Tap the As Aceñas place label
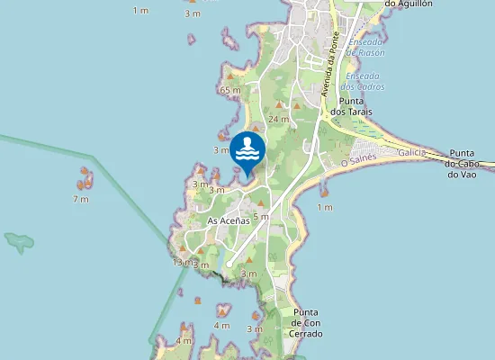point(228,220)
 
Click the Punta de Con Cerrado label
point(306,322)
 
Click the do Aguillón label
point(408,4)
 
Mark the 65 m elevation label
point(230,90)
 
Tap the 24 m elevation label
point(278,119)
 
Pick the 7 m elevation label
point(81,198)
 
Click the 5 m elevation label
point(261,216)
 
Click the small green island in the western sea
point(18,241)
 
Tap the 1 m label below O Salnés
point(324,207)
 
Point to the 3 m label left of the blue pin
point(220,149)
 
